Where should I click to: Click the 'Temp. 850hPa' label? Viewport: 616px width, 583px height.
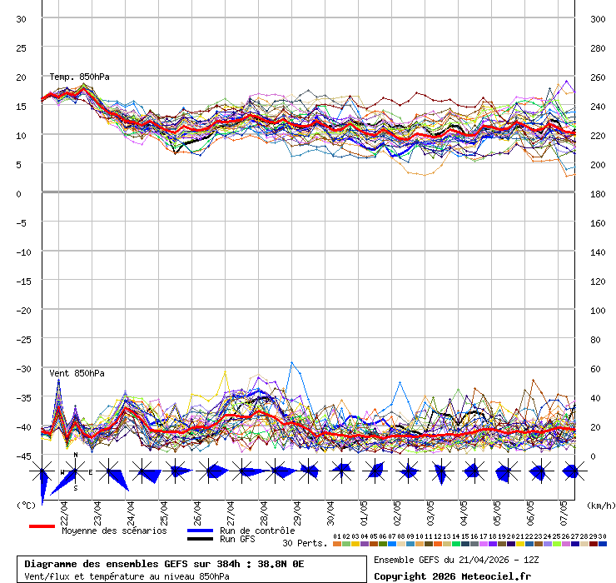(79, 77)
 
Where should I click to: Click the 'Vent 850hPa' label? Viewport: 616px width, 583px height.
(77, 373)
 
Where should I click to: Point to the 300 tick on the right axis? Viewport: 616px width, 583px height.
(598, 19)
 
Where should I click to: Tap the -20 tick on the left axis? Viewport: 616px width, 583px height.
(22, 310)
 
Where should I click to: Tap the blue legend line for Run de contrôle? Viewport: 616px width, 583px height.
(200, 531)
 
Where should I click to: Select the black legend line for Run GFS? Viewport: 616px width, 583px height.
(200, 539)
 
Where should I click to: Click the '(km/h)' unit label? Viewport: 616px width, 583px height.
(599, 506)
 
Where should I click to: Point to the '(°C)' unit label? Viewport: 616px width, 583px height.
(26, 506)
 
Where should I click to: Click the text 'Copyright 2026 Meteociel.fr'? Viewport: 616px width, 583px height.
(452, 576)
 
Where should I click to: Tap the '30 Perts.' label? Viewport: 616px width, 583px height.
(305, 543)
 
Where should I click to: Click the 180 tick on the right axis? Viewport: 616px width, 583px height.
(598, 194)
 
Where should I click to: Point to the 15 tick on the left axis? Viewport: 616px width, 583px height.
(22, 106)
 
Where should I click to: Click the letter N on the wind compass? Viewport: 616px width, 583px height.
(76, 456)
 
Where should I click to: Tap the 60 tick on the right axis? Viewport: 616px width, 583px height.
(595, 369)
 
